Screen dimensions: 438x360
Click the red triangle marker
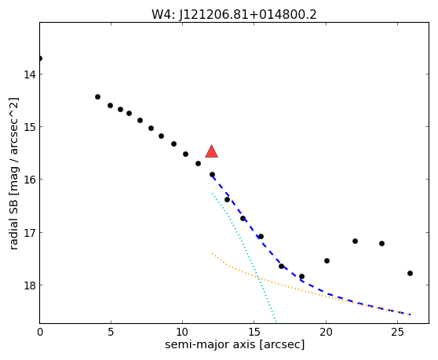(211, 152)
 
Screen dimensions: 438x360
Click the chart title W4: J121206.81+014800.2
(234, 14)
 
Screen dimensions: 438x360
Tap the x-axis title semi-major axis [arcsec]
(235, 344)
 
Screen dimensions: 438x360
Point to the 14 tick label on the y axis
(29, 75)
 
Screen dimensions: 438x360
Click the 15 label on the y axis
(29, 127)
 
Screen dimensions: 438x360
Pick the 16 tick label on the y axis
(29, 180)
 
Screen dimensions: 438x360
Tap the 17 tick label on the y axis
(29, 232)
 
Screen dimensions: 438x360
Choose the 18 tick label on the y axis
(29, 285)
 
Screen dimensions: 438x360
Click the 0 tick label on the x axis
(40, 332)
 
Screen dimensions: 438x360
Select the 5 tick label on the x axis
(111, 332)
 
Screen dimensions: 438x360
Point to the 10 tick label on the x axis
(182, 332)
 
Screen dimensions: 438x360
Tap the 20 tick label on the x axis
(326, 332)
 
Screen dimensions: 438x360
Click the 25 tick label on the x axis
(397, 332)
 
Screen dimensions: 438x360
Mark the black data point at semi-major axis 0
(40, 58)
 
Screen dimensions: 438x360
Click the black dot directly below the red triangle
(212, 174)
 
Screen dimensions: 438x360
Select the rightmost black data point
(410, 273)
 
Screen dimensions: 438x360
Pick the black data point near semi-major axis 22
(355, 241)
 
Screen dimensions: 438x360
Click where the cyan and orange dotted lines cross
(258, 278)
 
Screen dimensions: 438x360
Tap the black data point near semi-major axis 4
(97, 96)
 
